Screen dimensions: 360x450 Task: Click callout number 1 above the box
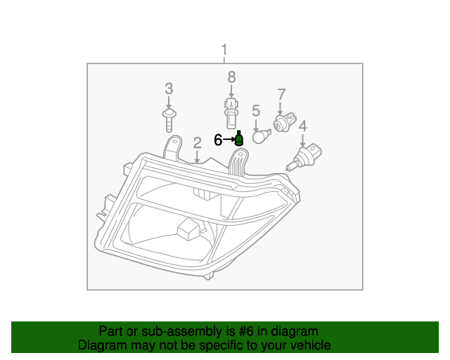224,50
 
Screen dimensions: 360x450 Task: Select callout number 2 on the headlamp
198,142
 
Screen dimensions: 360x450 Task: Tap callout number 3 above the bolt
169,89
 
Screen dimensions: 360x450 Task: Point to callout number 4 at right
303,127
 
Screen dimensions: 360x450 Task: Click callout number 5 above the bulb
256,110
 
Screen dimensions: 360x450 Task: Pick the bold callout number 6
219,140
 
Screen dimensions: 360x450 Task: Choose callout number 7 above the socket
281,94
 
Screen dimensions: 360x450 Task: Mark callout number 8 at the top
231,77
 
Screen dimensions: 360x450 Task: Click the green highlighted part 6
238,139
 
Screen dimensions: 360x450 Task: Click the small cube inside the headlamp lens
188,229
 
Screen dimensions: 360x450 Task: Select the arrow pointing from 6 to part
229,140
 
